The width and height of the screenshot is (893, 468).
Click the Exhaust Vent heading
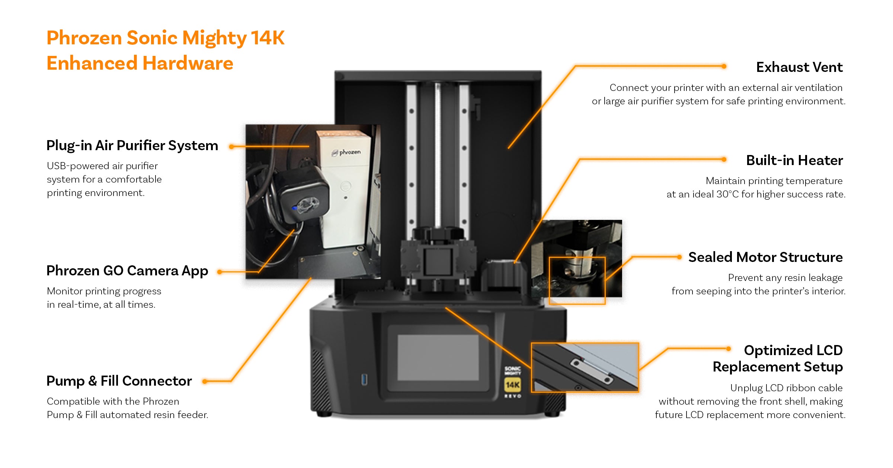click(x=799, y=67)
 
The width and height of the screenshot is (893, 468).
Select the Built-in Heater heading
click(x=794, y=160)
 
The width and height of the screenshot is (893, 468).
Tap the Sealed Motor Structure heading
click(x=765, y=257)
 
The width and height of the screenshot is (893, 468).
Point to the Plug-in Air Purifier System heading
click(x=132, y=146)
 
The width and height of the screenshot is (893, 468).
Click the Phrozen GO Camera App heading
click(x=127, y=271)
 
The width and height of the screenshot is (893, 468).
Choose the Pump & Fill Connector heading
click(x=119, y=381)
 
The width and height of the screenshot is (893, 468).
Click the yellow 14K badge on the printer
click(x=512, y=385)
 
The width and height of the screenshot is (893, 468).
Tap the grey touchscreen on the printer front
click(x=438, y=357)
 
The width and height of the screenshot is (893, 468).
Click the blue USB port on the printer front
click(x=364, y=380)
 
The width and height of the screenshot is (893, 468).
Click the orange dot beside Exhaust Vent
click(x=724, y=66)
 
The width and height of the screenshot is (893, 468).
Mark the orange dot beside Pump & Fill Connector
click(x=205, y=381)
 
